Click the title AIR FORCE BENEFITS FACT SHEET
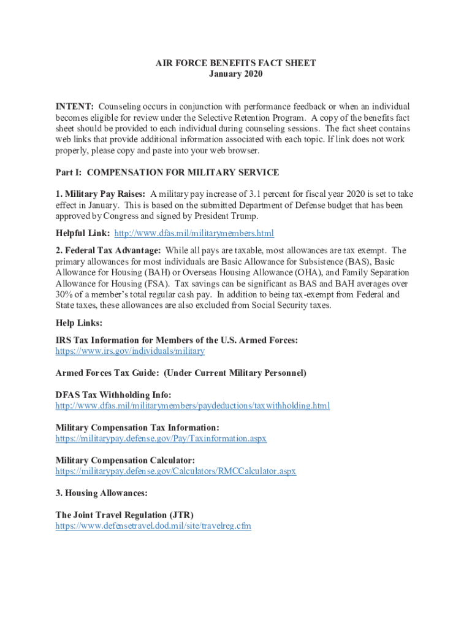(235, 63)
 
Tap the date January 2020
(235, 74)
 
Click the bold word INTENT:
(75, 107)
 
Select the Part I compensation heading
(167, 172)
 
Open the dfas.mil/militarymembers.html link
(194, 234)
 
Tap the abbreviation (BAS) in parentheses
(349, 261)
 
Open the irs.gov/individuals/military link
(130, 351)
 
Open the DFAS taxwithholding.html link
(192, 406)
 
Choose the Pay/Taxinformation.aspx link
(161, 438)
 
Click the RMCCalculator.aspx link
(176, 472)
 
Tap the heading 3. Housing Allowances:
(102, 493)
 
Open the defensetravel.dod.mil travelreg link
(153, 526)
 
